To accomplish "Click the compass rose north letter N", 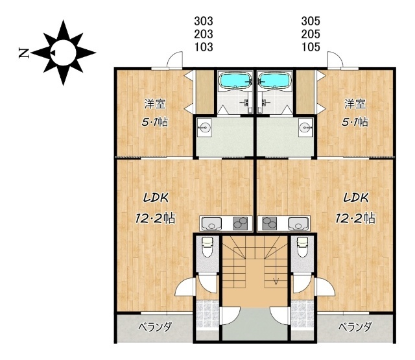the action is point(23,53).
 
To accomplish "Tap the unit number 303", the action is point(204,21).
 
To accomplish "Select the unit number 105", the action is point(311,47).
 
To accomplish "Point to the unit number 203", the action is point(204,34).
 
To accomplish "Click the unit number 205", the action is point(311,34).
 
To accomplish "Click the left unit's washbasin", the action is point(204,128).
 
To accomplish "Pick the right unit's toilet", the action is point(302,247).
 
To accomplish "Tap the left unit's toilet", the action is point(207,247).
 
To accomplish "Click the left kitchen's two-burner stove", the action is point(240,224).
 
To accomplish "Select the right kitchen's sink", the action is point(298,224).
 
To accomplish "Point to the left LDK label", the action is point(156,198).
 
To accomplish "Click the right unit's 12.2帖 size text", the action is point(355,219).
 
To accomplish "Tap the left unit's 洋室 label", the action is point(155,104).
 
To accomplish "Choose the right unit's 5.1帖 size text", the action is point(355,122).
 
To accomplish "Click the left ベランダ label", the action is point(155,327).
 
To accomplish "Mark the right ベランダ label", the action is point(355,327).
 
